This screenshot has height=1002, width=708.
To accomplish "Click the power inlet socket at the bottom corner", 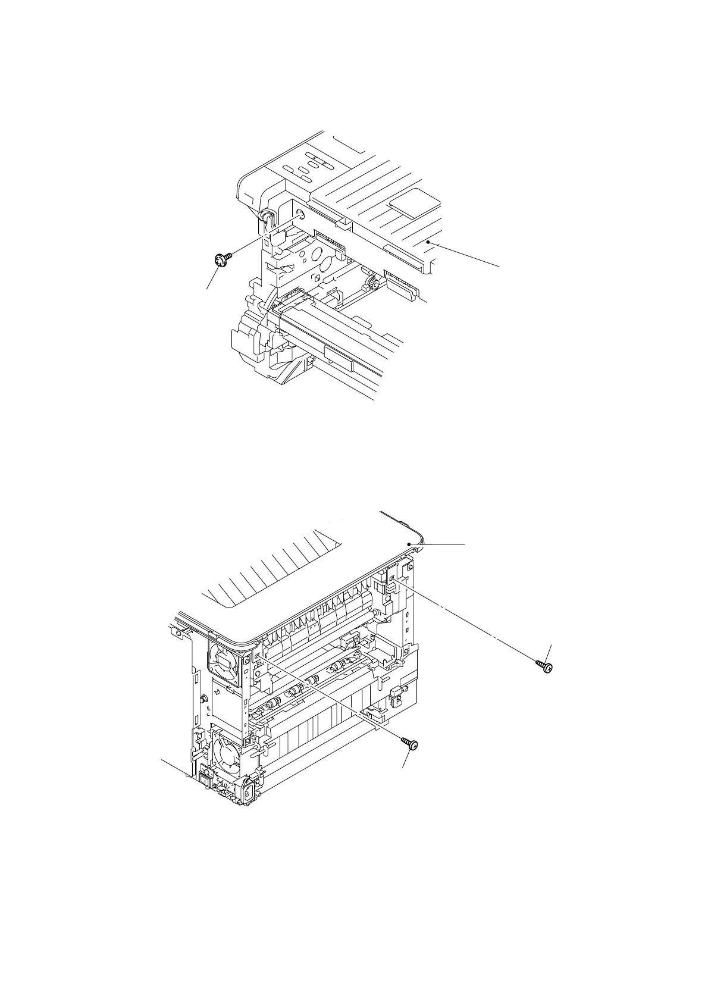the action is point(245,791).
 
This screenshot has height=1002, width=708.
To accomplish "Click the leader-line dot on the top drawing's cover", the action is point(428,242).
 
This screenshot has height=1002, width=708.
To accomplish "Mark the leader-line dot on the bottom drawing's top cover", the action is point(409,544).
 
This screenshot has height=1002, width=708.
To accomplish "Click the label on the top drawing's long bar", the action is point(336,351).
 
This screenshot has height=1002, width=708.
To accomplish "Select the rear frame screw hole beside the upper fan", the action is point(257,655).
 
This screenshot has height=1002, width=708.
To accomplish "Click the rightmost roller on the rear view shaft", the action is point(338,666).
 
